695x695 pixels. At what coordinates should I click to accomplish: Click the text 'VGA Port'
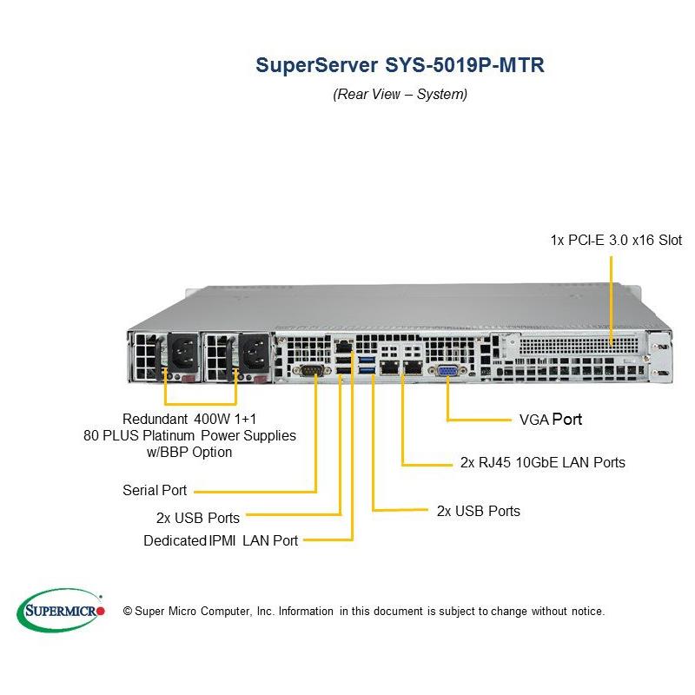pos(550,420)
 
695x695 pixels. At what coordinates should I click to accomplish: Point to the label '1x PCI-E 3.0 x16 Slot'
pos(615,240)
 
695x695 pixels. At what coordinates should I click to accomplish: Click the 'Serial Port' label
pos(154,491)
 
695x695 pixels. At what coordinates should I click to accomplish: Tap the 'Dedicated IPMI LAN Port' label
pos(221,540)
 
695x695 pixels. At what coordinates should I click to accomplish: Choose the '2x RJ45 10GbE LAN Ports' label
pos(542,462)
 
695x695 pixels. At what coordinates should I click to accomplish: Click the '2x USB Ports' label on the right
pos(478,511)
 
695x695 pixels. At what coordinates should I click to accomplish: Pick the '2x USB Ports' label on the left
pos(197,518)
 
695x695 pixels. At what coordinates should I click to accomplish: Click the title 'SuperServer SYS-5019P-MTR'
pos(400,66)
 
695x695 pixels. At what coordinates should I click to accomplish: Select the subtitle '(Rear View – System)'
pos(400,94)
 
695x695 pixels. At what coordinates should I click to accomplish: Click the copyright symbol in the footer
pos(127,612)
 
